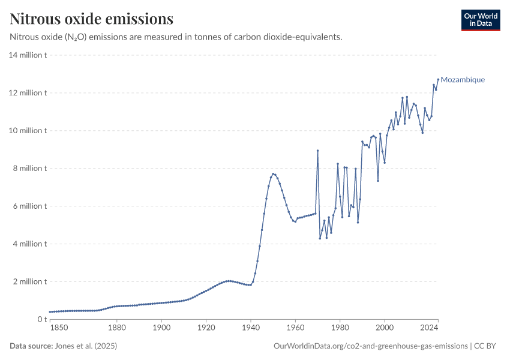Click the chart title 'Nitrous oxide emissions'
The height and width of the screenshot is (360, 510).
(91, 19)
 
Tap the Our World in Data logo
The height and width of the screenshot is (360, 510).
(481, 20)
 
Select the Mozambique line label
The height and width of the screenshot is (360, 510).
(463, 80)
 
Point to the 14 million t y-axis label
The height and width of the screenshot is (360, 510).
(28, 55)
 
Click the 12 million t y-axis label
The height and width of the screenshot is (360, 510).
(28, 93)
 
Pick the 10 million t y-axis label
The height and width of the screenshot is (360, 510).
(28, 131)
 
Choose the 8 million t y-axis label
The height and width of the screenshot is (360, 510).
(29, 169)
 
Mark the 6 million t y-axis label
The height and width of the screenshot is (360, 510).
(29, 206)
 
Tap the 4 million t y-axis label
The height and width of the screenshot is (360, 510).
(29, 244)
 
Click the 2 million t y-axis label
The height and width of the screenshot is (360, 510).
(29, 282)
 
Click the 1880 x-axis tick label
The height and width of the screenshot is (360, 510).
(117, 328)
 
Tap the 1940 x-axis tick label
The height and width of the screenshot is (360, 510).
(251, 328)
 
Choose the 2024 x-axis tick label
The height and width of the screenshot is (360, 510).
(429, 328)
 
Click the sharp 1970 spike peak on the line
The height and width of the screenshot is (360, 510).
(317, 151)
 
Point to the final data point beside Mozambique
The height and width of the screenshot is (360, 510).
(438, 79)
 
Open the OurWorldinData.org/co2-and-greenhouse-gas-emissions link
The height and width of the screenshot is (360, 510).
(370, 346)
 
